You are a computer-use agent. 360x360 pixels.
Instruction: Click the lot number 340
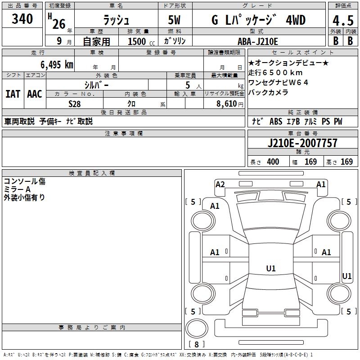click(22, 19)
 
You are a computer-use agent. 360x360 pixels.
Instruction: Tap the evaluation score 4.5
click(342, 21)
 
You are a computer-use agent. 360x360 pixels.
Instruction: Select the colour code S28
click(74, 103)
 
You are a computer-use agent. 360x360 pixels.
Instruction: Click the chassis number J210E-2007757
click(302, 144)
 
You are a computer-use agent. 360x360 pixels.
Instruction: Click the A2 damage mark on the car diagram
click(220, 184)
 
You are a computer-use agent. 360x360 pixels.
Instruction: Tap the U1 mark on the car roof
click(270, 269)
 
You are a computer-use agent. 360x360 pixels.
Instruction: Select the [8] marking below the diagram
click(196, 345)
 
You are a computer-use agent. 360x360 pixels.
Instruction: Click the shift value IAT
click(13, 94)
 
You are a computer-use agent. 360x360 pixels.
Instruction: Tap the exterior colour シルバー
click(96, 85)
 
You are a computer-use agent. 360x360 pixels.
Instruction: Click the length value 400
click(273, 162)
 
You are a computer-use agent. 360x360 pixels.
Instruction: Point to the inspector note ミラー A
click(18, 189)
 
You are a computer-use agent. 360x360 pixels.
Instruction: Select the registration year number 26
click(59, 23)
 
